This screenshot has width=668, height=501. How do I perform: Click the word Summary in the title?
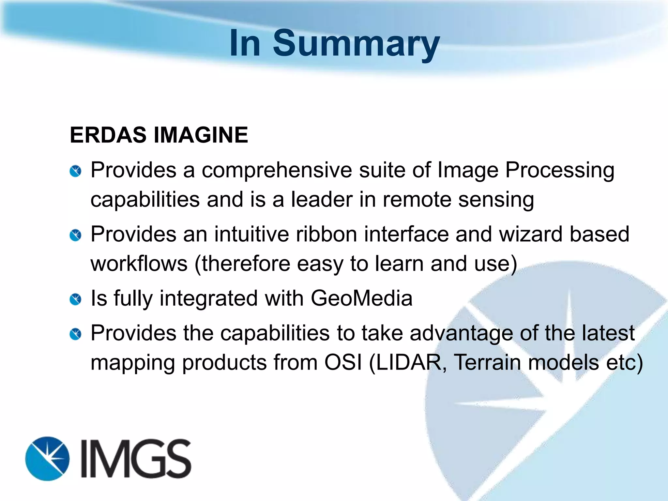[x=356, y=43]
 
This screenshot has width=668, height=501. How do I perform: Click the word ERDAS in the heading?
[x=108, y=135]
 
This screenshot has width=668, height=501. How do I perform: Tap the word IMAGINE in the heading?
[x=201, y=135]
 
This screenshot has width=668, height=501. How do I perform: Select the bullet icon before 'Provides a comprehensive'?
[x=75, y=171]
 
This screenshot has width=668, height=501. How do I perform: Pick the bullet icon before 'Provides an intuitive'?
[x=75, y=235]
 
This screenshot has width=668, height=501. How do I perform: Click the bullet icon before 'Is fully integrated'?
[x=75, y=299]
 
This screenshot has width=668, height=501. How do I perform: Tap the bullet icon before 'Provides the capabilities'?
[x=75, y=334]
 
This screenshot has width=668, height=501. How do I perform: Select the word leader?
[x=322, y=199]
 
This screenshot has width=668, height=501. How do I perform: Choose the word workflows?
[x=139, y=264]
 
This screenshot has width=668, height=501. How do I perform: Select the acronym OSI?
[x=343, y=362]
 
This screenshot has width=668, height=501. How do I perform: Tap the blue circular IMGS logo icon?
[x=48, y=458]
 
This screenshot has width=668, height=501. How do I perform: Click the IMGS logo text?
[x=136, y=458]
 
